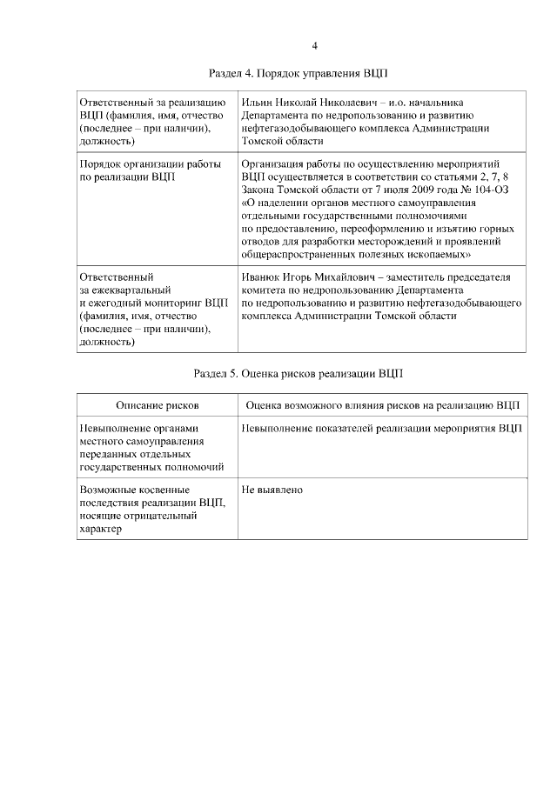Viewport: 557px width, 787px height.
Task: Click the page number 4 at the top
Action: [315, 46]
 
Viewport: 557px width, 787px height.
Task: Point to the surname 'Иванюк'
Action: [261, 277]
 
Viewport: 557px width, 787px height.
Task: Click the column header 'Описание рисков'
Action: [158, 405]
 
